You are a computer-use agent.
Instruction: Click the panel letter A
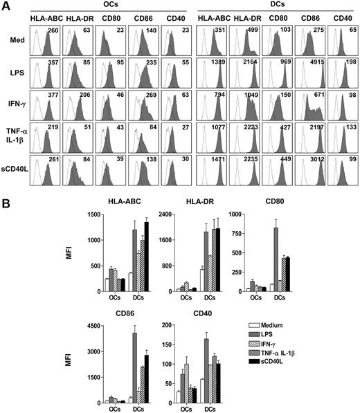[x=6, y=6]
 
